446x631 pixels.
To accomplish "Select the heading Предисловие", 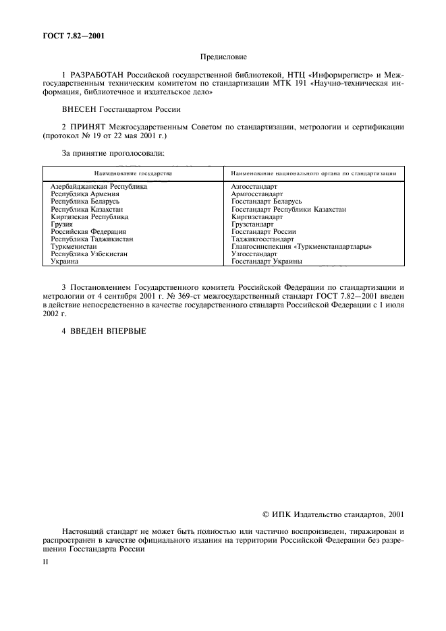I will pyautogui.click(x=223, y=58).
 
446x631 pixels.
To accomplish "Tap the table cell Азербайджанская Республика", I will pyautogui.click(x=99, y=186).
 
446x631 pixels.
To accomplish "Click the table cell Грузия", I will pyautogui.click(x=62, y=224).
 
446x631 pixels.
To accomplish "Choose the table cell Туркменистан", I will pyautogui.click(x=73, y=247).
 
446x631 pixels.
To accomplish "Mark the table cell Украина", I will pyautogui.click(x=65, y=262).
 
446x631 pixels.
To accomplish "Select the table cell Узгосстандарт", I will pyautogui.click(x=254, y=254).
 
